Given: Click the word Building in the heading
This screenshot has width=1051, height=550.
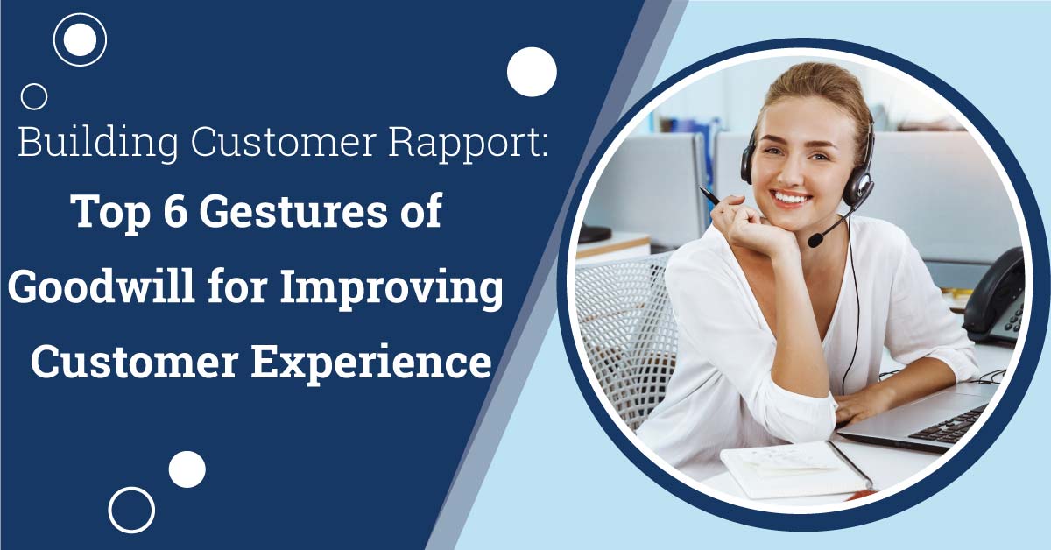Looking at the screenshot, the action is point(98,142).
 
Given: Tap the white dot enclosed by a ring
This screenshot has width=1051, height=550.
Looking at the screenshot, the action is point(80,39).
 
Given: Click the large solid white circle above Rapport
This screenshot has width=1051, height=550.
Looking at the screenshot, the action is point(532,72).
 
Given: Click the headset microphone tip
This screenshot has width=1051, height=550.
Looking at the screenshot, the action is point(815,240).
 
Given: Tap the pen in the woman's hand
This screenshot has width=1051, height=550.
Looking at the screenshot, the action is point(709,195).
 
